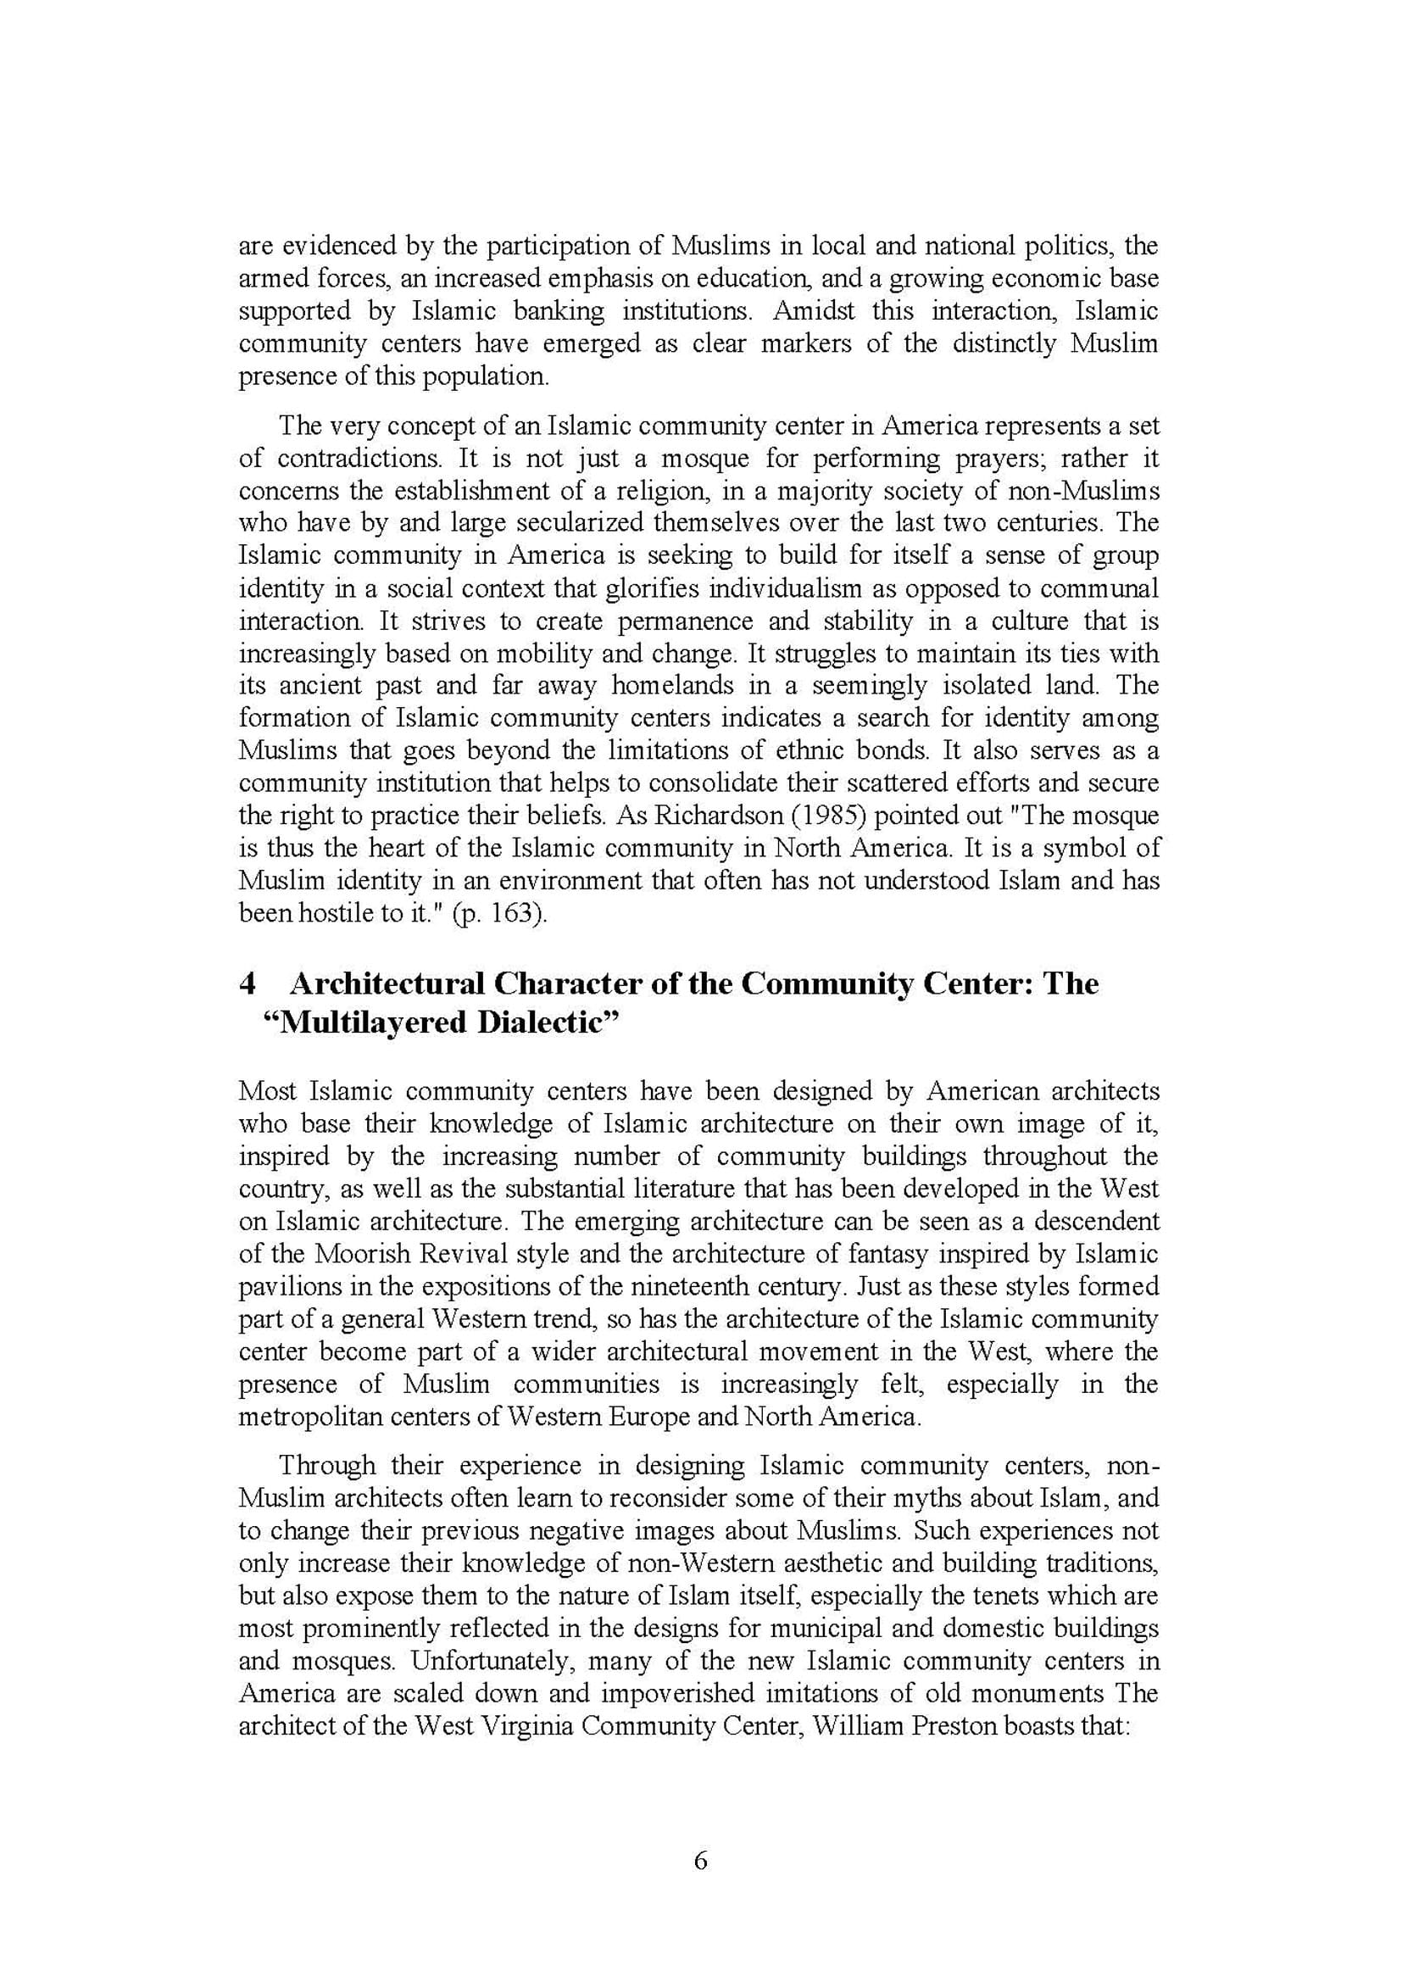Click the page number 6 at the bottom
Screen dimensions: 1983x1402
point(700,1860)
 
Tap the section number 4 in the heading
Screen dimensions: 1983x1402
point(248,983)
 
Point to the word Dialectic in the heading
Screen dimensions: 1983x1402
point(549,1022)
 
